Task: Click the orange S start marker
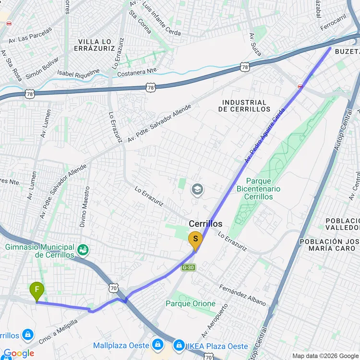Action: (x=195, y=240)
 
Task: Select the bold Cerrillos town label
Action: (x=205, y=224)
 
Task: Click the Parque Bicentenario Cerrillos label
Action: (x=262, y=189)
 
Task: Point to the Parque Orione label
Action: (x=191, y=303)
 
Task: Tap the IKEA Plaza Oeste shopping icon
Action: (x=180, y=345)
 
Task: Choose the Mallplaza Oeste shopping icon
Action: (x=157, y=345)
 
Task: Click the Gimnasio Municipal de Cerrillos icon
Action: (x=84, y=250)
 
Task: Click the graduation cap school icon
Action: (x=197, y=190)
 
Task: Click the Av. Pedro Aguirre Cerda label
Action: (x=265, y=135)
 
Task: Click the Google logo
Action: (x=18, y=354)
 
